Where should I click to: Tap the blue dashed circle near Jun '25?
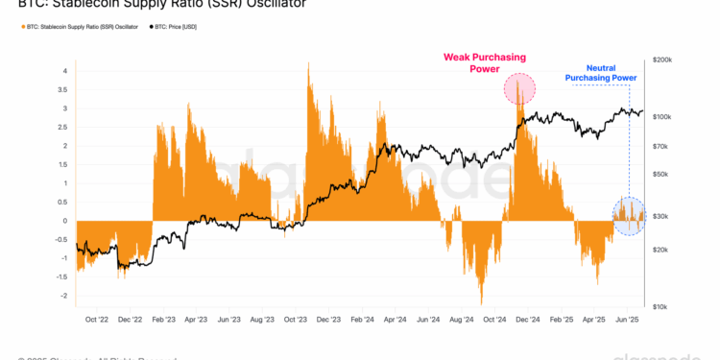629,216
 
